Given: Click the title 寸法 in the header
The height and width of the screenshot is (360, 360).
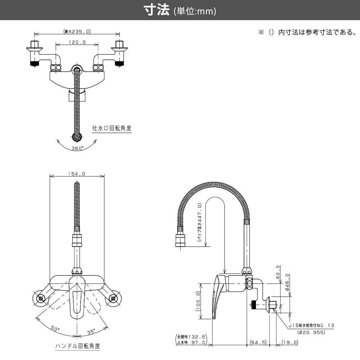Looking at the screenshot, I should tap(157, 10).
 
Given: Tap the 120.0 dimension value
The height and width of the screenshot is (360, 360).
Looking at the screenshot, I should tap(77, 42).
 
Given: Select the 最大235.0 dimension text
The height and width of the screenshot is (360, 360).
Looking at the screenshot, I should tap(77, 32).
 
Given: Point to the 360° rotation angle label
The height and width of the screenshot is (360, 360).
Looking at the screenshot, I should tap(77, 148).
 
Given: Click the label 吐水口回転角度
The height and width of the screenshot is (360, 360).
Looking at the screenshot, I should tap(112, 128).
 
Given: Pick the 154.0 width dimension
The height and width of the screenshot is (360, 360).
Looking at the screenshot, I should tap(77, 174).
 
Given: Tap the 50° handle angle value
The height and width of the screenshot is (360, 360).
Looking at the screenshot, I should tap(55, 328).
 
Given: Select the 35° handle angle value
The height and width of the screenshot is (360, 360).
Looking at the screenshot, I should tap(91, 331).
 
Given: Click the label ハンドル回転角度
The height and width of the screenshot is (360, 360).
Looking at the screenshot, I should tap(77, 346).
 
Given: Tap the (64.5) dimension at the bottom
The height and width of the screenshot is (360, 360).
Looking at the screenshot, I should tap(257, 342).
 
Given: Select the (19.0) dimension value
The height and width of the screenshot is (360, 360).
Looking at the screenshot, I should tap(290, 342).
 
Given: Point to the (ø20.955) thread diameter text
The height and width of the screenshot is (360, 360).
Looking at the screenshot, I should tap(312, 332).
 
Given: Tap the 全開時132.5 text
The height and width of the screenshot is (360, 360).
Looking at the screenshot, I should tap(191, 337).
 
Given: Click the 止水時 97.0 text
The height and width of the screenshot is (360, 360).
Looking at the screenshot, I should tap(191, 342).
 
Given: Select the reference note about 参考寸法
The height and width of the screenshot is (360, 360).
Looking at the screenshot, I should tap(307, 32).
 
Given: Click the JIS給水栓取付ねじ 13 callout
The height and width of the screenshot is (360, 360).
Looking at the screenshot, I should tap(311, 325).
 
